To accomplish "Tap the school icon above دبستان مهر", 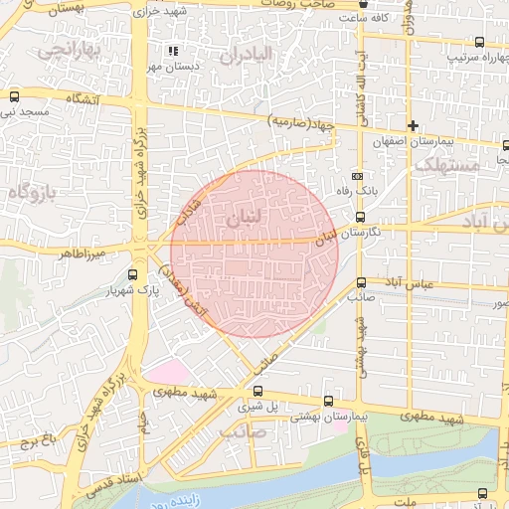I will (172, 51).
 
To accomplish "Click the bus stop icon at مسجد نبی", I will (14, 97).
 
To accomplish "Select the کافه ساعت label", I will (363, 18).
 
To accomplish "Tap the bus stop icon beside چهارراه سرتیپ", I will (480, 43).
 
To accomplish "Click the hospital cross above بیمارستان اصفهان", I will (413, 125).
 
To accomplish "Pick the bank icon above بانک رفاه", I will (357, 176).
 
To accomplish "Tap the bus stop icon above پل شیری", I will (258, 391).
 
